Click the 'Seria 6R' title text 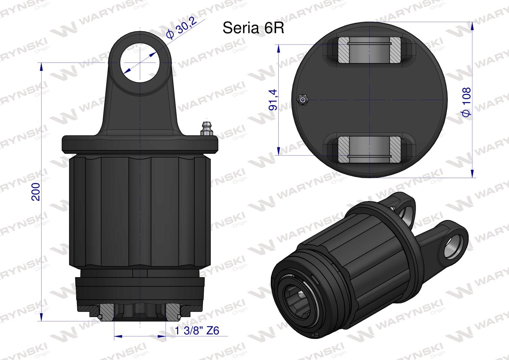253,28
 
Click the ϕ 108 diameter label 467,102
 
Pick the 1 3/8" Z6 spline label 197,331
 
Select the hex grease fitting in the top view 302,99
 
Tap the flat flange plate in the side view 140,144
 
